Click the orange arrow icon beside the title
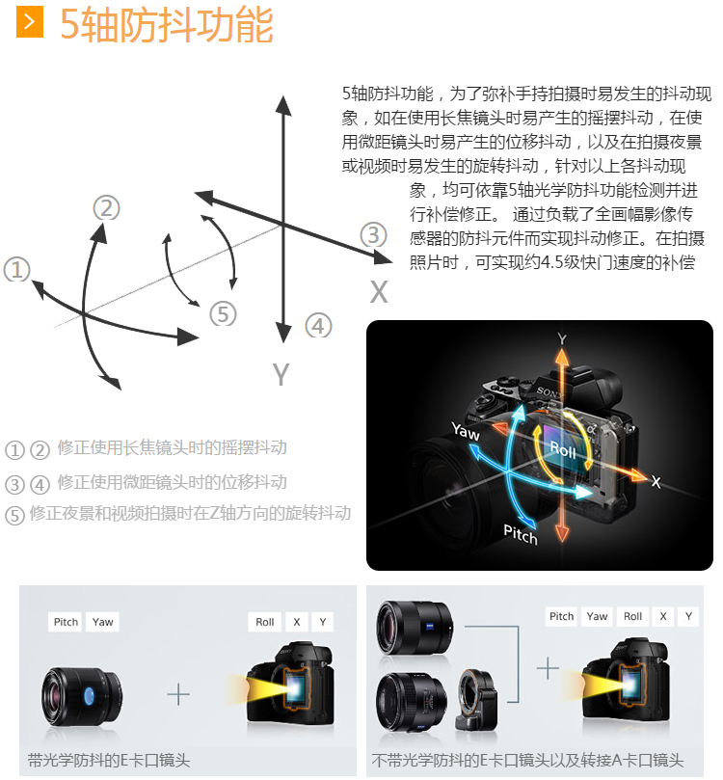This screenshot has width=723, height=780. point(30,22)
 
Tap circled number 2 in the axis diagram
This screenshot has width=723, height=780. point(106,208)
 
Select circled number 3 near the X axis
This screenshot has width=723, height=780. point(373,235)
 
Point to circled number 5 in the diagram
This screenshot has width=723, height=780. point(223,314)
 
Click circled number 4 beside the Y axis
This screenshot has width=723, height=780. point(318,326)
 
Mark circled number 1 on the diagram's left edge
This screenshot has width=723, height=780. point(17,270)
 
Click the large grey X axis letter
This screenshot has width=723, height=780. point(379,292)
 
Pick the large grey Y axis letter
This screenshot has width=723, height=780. point(281,374)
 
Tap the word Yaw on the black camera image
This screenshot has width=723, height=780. point(466,431)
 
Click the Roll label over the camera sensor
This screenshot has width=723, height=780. point(563,449)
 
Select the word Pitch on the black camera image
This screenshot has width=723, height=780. point(521,534)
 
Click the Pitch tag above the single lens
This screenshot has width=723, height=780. point(67,622)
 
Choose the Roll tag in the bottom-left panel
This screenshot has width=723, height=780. point(265,622)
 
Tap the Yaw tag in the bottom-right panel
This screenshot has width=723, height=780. point(597,616)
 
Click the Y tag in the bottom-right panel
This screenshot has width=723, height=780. point(688,616)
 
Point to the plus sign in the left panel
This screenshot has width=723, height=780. point(178,694)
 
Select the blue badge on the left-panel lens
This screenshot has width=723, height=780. point(89,696)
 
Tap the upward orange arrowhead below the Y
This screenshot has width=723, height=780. point(562,357)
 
